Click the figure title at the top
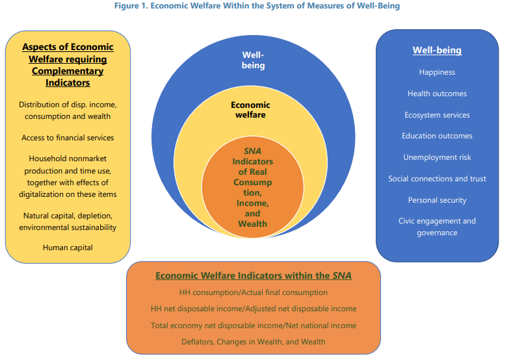[254, 6]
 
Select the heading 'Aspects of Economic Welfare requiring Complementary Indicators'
[68, 64]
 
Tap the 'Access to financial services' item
[68, 138]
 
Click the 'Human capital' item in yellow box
[68, 247]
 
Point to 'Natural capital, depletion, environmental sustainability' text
[68, 221]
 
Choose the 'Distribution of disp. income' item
[68, 105]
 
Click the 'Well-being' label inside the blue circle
[254, 60]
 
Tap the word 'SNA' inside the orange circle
[252, 151]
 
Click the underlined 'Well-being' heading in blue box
[437, 50]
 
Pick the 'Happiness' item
[437, 72]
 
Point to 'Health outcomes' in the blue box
[437, 94]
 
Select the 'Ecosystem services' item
[437, 115]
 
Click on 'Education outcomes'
[437, 136]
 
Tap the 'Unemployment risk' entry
[437, 157]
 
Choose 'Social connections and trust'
[437, 179]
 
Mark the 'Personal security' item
[437, 200]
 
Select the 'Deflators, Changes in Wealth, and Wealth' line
[254, 342]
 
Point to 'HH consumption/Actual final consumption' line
[254, 292]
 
